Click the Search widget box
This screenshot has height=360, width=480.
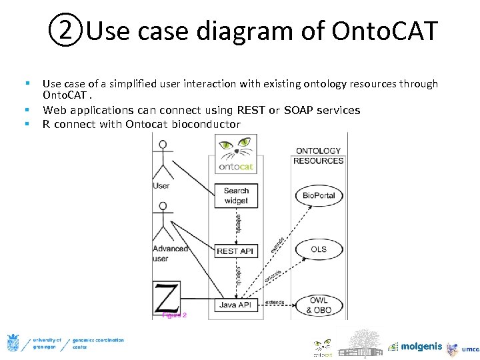coord(236,195)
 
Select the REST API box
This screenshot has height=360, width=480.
coord(236,251)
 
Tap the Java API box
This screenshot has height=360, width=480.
coord(236,305)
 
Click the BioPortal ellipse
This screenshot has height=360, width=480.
coord(319,195)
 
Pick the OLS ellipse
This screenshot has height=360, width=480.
coord(319,249)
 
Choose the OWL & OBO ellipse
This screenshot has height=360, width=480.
coord(318,305)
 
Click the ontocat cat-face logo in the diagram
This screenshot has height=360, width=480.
coord(237,147)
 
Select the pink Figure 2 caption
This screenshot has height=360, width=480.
coord(175,315)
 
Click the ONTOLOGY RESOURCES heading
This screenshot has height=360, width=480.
coord(318,155)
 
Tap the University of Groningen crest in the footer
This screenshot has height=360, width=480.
coord(13,343)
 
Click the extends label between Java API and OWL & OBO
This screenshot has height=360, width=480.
coord(275,302)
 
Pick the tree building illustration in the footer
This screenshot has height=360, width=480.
coord(360,343)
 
